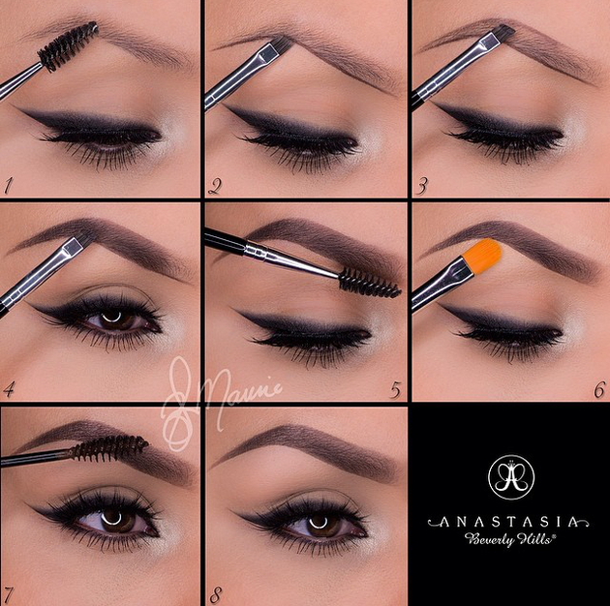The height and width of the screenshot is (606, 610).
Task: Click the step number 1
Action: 9,183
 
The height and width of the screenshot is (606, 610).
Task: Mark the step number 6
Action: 599,390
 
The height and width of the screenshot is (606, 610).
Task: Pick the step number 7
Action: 9,590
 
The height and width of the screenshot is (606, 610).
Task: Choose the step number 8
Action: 217,590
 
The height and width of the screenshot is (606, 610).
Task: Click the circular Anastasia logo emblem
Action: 509,475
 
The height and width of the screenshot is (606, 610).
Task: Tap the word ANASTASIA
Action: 509,521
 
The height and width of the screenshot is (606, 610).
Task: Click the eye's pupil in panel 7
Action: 113,521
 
